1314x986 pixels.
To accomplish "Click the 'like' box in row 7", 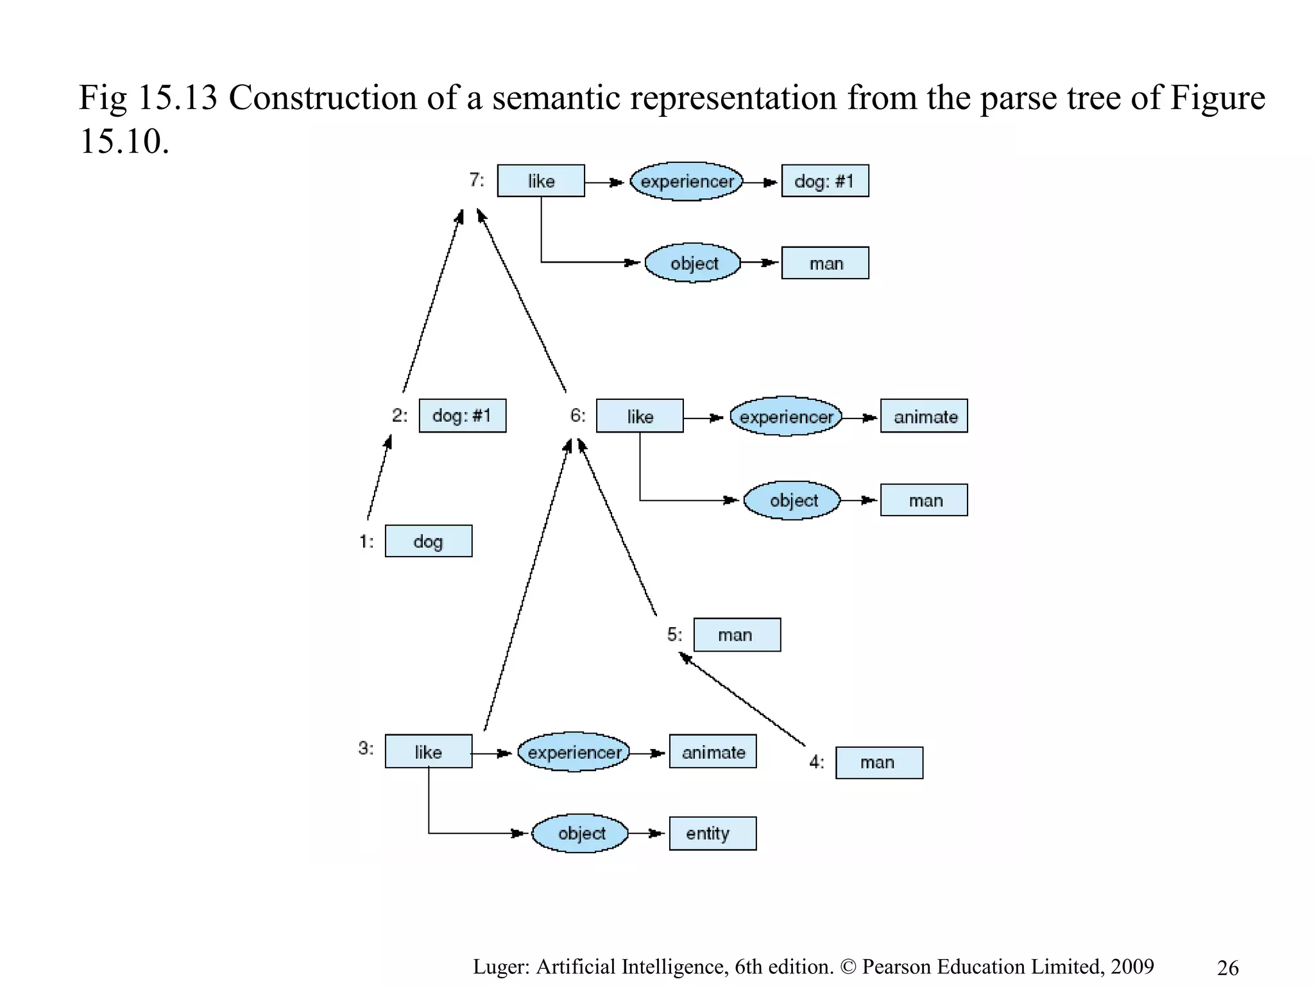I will click(x=541, y=181).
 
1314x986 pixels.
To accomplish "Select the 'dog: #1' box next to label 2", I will click(x=462, y=415).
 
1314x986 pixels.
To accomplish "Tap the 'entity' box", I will click(x=712, y=833).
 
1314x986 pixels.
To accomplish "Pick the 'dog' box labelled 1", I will click(x=428, y=541).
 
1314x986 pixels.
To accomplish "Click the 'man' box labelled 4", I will click(x=878, y=763).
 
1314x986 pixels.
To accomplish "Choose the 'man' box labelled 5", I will click(x=737, y=635).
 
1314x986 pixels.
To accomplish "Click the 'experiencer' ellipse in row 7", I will click(x=687, y=182).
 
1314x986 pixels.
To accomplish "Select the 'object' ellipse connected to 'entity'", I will click(x=581, y=833).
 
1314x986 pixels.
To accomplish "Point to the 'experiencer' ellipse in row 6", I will click(x=786, y=417).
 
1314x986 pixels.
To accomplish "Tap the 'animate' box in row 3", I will click(x=712, y=752).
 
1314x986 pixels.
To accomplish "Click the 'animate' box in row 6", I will click(x=924, y=416).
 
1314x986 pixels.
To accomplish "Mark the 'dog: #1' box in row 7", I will click(x=824, y=181).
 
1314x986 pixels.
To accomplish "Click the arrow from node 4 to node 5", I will click(x=743, y=700).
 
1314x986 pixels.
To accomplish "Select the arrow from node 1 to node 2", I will click(x=378, y=478).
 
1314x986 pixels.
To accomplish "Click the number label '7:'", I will click(x=476, y=180).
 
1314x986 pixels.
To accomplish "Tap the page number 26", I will click(x=1227, y=967).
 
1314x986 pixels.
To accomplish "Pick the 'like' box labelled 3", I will click(x=428, y=752).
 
